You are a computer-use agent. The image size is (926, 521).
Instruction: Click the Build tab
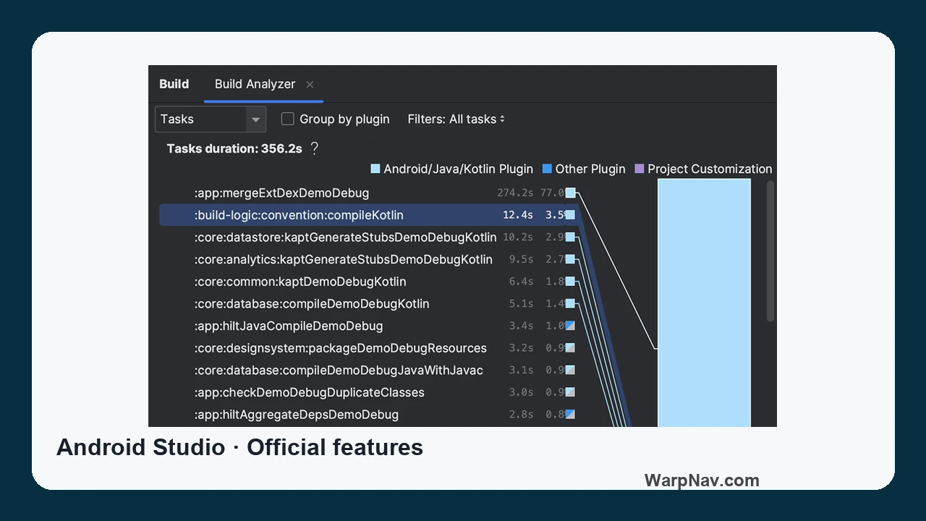[x=174, y=84]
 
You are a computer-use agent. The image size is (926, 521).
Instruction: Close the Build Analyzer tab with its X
[x=310, y=85]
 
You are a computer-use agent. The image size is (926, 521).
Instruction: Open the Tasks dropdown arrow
[x=255, y=119]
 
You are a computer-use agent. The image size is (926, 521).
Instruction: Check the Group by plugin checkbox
[x=288, y=119]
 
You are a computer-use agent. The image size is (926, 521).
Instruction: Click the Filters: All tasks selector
[x=456, y=119]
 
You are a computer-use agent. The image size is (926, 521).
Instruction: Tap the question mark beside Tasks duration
[x=314, y=148]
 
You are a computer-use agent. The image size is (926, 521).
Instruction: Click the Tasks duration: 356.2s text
[x=234, y=148]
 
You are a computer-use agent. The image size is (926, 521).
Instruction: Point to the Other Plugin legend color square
[x=547, y=169]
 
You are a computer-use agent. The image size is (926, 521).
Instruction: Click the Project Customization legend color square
[x=639, y=169]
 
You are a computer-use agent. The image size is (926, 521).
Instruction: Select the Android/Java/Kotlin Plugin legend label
[x=458, y=169]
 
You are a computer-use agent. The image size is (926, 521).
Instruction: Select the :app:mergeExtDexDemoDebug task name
[x=281, y=193]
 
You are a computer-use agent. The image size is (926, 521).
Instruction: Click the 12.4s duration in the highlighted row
[x=517, y=215]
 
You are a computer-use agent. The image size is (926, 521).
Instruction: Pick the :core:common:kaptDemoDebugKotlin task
[x=300, y=281]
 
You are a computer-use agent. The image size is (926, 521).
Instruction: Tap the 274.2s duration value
[x=515, y=192]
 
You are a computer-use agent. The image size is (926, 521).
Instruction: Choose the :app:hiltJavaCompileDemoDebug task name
[x=289, y=326]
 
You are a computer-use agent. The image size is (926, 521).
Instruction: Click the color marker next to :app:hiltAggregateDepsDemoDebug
[x=570, y=414]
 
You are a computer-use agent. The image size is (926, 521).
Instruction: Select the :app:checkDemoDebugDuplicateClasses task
[x=309, y=392]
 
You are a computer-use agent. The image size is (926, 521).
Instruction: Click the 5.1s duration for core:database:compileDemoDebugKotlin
[x=521, y=303]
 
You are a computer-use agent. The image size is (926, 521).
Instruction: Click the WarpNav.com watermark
[x=702, y=480]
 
